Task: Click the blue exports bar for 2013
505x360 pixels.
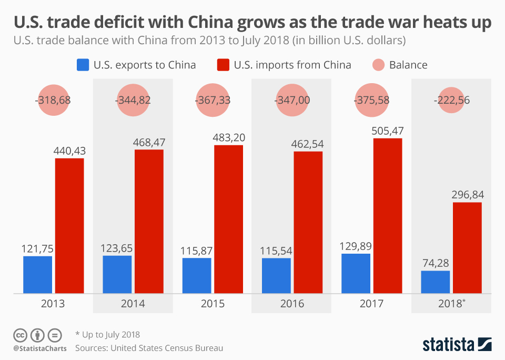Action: point(37,274)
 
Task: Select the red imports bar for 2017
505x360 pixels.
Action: point(387,216)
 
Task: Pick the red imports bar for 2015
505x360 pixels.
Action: point(228,219)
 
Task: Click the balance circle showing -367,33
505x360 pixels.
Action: point(214,101)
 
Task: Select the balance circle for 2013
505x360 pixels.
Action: point(54,101)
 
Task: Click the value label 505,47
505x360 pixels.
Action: point(388,131)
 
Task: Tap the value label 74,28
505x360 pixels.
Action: point(436,263)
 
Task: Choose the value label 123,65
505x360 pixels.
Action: point(117,248)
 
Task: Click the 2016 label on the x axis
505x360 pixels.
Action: point(292,304)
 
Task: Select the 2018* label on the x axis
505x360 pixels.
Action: point(451,304)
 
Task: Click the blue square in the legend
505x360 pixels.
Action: point(83,65)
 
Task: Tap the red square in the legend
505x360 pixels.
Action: point(224,65)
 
